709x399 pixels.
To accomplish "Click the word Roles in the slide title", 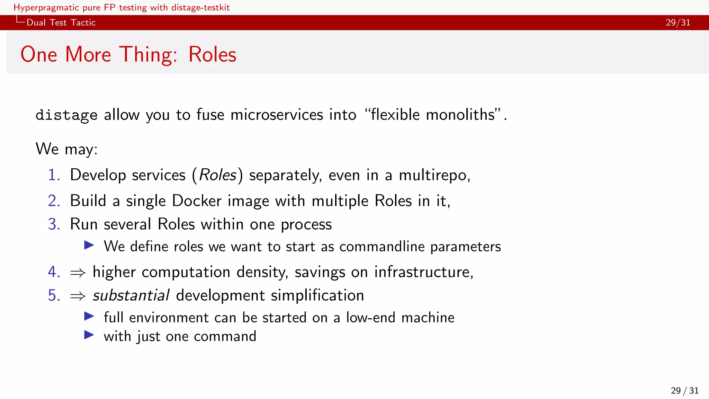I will (212, 55).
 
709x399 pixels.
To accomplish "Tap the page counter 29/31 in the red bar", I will (678, 23).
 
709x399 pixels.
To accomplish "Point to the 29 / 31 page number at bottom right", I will (684, 391).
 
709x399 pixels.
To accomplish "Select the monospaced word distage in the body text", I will (66, 115).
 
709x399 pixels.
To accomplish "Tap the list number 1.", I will (54, 175).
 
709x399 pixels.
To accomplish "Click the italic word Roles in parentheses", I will (218, 175).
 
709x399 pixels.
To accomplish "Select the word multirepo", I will (434, 175).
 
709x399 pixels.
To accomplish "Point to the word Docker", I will (197, 201).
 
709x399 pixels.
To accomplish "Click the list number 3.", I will (54, 224).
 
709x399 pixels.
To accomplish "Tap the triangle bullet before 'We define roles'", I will (89, 246).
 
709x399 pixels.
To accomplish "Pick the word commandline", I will (382, 247).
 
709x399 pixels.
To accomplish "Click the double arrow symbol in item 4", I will (78, 273).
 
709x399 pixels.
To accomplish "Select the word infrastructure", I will (423, 272).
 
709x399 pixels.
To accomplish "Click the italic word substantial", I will (131, 295).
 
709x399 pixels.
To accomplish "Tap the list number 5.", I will (54, 295).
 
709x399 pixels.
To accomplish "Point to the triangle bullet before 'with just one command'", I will (89, 335).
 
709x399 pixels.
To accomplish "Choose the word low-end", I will (370, 318).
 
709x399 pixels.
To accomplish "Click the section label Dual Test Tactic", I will (61, 23).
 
